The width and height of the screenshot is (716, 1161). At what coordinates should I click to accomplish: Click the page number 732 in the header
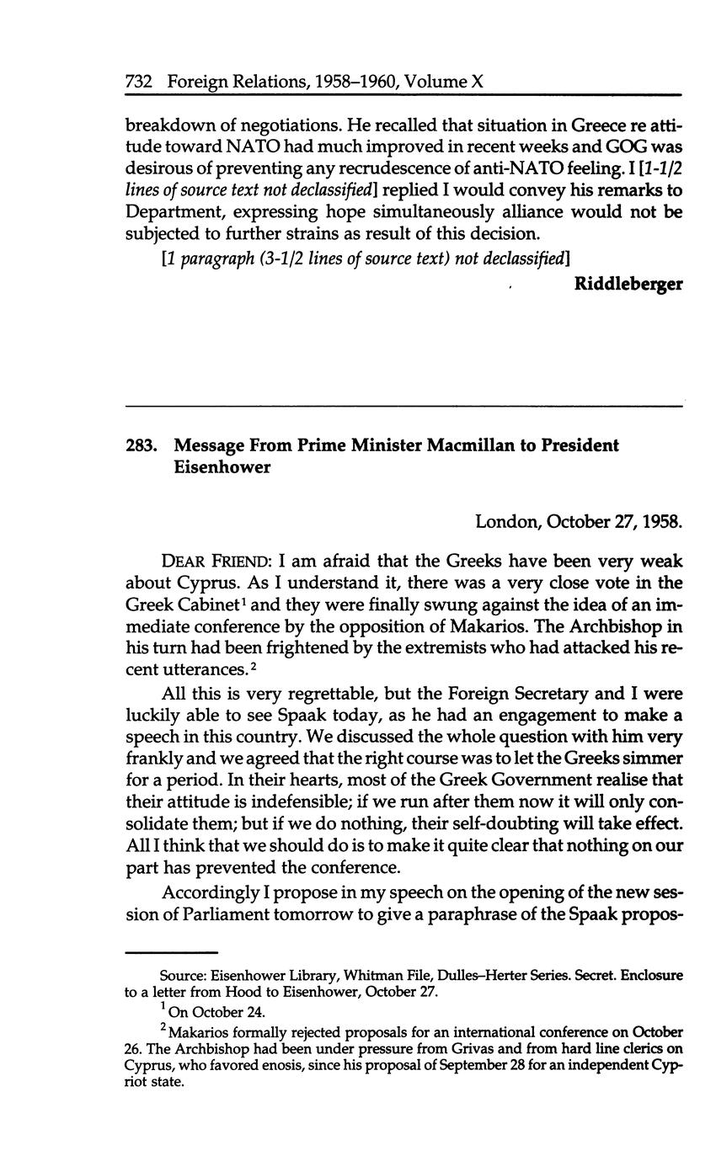[137, 82]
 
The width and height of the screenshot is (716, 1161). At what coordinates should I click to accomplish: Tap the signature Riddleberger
[628, 284]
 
